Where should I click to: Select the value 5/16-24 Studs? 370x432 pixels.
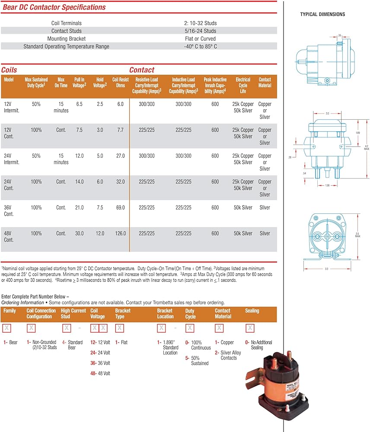click(x=200, y=31)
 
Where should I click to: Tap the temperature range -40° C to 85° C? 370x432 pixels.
click(x=200, y=47)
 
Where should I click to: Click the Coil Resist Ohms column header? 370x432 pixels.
click(x=121, y=83)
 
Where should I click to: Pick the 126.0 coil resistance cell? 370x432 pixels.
click(x=121, y=234)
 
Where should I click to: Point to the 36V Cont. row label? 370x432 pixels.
click(x=9, y=211)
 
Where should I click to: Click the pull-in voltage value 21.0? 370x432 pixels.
click(x=79, y=208)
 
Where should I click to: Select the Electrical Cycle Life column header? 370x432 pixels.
click(x=242, y=86)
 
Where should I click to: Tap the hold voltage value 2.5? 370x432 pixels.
click(x=100, y=104)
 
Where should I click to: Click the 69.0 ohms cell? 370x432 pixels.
click(x=121, y=208)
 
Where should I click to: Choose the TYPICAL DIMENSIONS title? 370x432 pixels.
click(x=322, y=15)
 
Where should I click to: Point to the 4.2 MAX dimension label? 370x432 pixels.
click(x=367, y=147)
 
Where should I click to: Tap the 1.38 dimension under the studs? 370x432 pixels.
click(x=327, y=185)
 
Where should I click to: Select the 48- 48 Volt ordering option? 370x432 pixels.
click(x=100, y=374)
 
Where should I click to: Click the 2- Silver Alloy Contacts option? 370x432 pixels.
click(x=228, y=355)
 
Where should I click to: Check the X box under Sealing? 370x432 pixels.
click(x=250, y=328)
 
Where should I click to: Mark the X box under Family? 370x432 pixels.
click(x=6, y=328)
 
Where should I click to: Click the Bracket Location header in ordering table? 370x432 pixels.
click(x=165, y=314)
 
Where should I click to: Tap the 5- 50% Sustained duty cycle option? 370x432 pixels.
click(x=198, y=361)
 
